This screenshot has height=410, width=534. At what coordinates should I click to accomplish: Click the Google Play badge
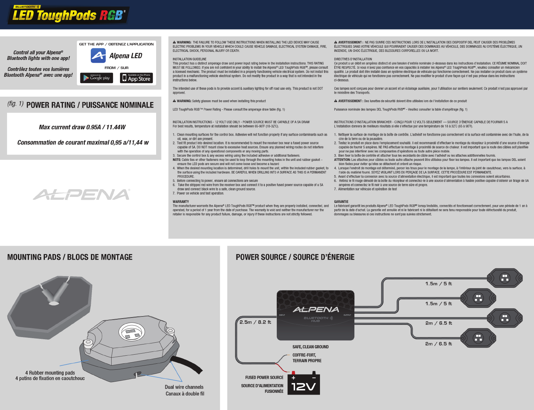[96, 78]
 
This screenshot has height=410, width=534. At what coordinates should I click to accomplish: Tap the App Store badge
[136, 78]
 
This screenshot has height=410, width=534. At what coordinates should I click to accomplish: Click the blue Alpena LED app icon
[98, 55]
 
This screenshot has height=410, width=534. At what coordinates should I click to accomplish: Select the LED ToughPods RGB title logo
[68, 15]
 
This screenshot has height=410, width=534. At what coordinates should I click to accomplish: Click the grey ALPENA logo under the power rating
[82, 194]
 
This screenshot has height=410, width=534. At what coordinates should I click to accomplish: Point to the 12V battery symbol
[303, 384]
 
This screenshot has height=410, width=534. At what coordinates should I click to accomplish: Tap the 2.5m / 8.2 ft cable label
[255, 322]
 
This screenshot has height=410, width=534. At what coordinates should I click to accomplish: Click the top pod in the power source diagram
[505, 278]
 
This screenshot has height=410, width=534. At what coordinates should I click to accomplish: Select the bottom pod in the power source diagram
[478, 338]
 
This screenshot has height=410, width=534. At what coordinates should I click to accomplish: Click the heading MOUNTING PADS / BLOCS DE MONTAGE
[70, 257]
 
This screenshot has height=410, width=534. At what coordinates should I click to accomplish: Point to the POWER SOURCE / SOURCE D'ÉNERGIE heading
[295, 257]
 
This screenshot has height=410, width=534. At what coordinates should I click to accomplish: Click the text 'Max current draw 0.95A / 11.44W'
[82, 127]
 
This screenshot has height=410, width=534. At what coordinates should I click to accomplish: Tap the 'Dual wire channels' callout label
[184, 387]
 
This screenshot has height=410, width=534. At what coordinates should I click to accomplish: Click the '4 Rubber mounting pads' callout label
[50, 373]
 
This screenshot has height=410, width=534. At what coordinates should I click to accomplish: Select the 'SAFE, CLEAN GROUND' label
[311, 347]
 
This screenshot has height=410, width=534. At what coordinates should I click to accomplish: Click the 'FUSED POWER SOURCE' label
[264, 377]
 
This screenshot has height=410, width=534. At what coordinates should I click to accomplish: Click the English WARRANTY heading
[181, 202]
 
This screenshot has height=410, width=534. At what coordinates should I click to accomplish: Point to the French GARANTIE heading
[341, 202]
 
